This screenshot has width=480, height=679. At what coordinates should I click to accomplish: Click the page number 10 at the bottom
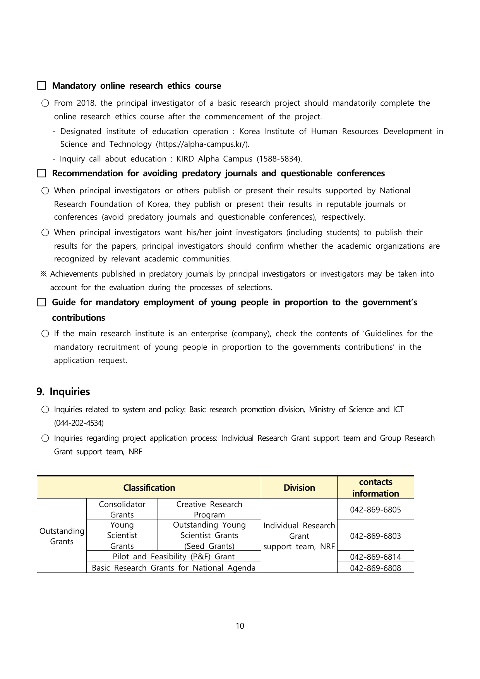(240, 626)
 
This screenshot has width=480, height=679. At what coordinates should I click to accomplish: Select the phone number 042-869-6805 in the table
(375, 510)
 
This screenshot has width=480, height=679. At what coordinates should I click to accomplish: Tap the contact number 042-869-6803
(375, 536)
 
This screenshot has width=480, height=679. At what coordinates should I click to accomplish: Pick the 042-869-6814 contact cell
(375, 557)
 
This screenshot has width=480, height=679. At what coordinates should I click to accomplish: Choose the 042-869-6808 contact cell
(375, 568)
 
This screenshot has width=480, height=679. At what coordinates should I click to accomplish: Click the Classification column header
(149, 488)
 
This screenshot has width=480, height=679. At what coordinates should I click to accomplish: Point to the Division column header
(299, 488)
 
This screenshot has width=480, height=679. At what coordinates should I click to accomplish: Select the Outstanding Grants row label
(62, 536)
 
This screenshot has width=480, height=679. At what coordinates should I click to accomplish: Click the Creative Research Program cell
(209, 509)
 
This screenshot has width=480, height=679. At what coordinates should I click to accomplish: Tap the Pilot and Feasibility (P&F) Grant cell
(173, 557)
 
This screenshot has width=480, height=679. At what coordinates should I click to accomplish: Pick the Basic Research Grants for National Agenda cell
(173, 568)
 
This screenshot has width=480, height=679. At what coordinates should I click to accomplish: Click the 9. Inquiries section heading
(63, 392)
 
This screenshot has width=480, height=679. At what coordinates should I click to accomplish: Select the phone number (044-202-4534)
(79, 423)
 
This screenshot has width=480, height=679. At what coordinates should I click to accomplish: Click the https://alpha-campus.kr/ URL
(202, 144)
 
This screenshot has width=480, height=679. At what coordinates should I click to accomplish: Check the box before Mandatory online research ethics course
(41, 86)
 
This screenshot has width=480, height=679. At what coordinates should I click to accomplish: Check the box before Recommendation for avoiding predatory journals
(41, 173)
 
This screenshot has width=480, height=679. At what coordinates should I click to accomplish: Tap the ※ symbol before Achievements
(43, 274)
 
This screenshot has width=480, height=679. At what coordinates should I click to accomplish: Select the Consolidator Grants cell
(122, 509)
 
